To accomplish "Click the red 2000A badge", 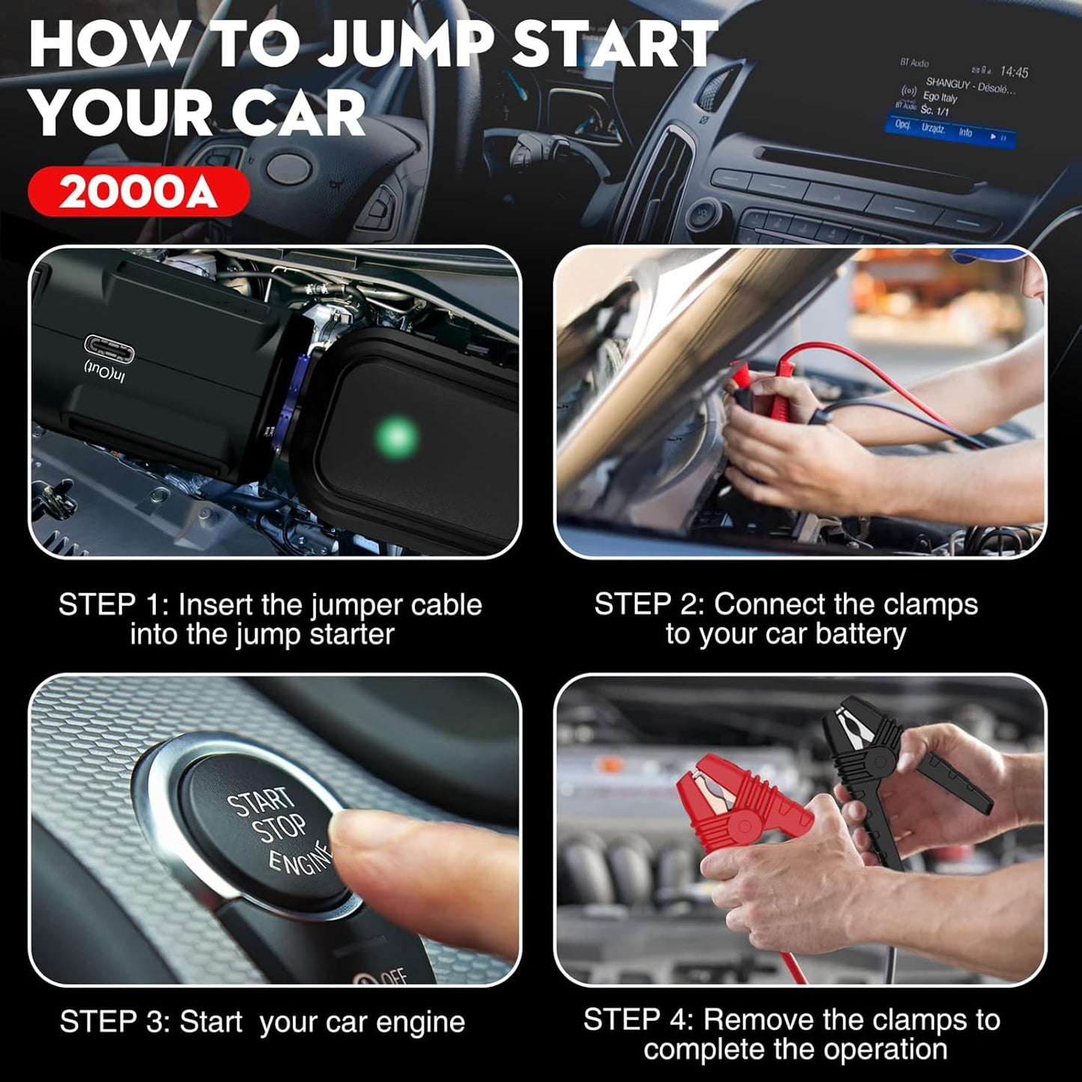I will click(138, 192).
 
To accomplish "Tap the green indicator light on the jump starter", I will click(397, 435).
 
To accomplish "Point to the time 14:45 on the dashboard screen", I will click(1014, 72).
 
